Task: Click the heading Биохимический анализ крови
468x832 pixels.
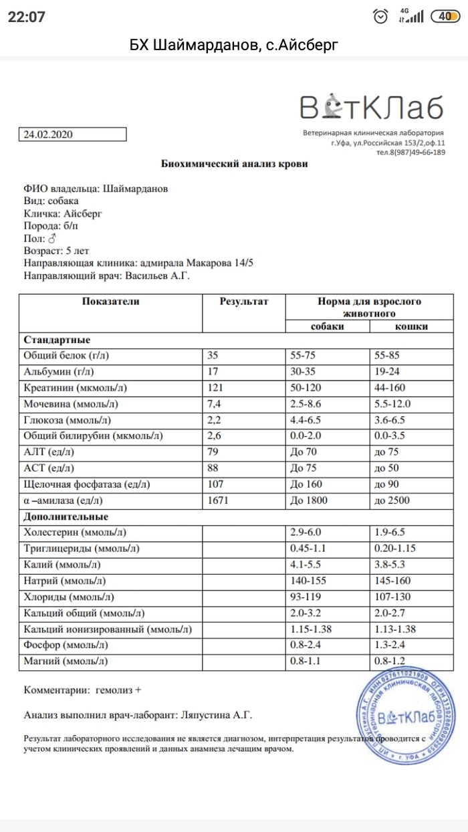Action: pos(235,164)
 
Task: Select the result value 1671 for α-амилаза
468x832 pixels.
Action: pos(221,500)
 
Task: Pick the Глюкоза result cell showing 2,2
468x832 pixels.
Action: pos(215,420)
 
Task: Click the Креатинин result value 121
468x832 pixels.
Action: pos(218,388)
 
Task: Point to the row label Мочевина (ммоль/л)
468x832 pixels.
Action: pos(68,404)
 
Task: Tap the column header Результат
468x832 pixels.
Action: pos(243,302)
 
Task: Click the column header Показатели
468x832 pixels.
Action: pos(110,302)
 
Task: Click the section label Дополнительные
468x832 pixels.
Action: pos(66,517)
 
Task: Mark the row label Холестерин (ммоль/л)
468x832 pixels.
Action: pos(75,533)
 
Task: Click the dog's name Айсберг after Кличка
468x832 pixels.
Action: pos(83,213)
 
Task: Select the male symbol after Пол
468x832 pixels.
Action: pos(51,238)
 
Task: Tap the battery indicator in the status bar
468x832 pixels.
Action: pos(445,17)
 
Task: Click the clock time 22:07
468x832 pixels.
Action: pos(27,17)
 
